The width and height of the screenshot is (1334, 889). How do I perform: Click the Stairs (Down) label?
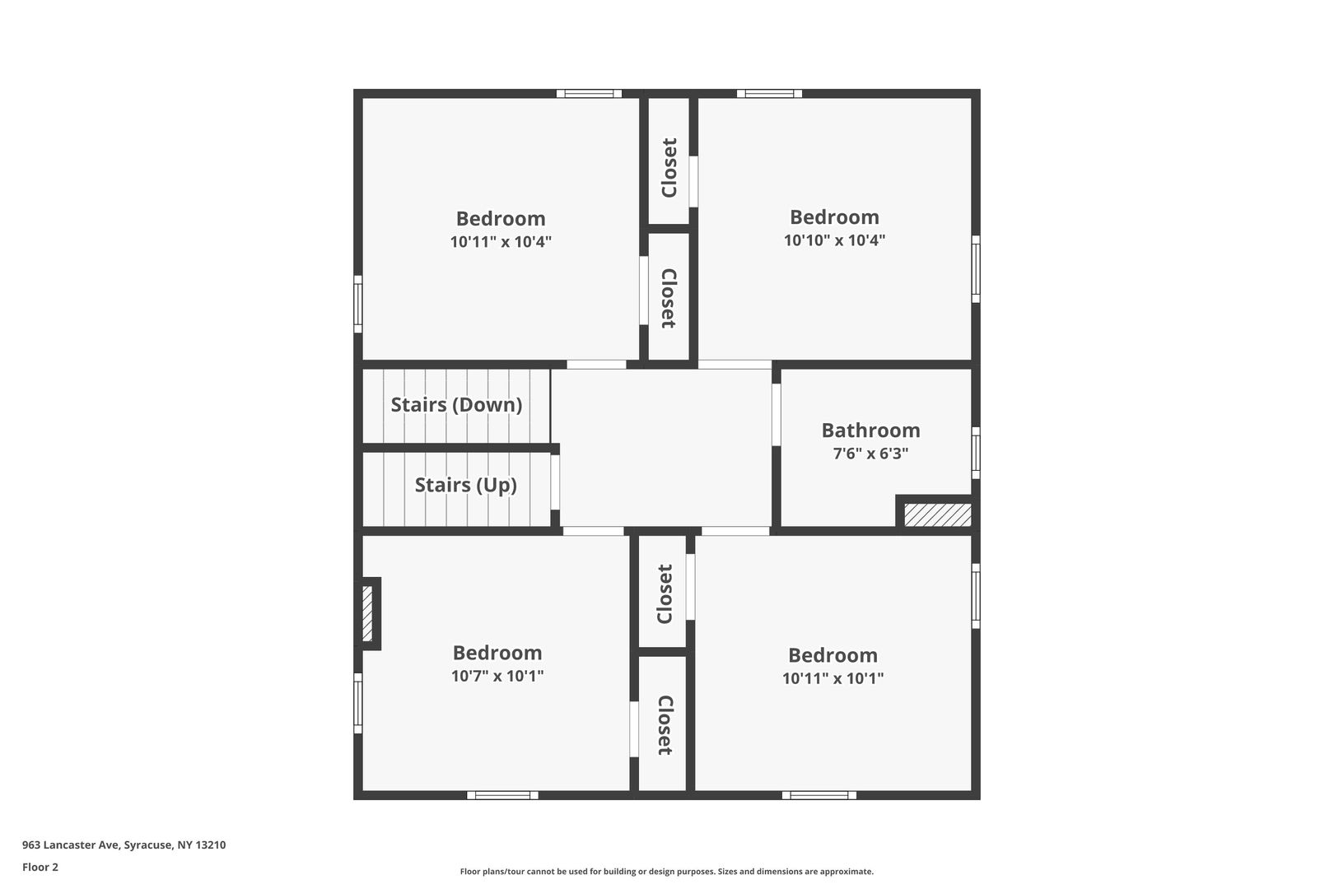[456, 405]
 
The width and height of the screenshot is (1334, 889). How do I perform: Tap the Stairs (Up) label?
[465, 486]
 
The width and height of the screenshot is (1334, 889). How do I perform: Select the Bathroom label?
[870, 430]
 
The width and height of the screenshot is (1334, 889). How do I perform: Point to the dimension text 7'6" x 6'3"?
[870, 454]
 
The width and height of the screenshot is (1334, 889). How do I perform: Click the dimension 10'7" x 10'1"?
[497, 676]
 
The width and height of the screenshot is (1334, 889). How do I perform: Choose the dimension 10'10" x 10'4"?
[834, 240]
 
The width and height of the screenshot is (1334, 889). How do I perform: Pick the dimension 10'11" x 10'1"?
[833, 678]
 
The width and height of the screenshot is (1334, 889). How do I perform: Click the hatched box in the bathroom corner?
[937, 514]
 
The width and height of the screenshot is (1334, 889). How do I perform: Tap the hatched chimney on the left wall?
[367, 613]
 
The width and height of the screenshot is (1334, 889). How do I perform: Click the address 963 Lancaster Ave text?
[72, 845]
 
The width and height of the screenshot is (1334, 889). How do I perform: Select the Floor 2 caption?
[40, 867]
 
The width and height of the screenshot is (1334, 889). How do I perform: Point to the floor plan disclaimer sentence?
[666, 871]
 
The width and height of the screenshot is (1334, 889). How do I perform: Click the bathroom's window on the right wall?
[976, 453]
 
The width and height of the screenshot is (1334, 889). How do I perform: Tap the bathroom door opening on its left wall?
[776, 414]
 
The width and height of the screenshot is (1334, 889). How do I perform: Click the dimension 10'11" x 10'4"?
[501, 242]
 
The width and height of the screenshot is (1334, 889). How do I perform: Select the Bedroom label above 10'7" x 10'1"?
[497, 653]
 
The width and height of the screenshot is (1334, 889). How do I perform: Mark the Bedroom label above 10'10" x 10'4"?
[834, 216]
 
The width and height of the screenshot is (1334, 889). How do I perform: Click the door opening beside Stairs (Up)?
[554, 482]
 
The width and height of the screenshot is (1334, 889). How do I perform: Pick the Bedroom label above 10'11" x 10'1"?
[833, 655]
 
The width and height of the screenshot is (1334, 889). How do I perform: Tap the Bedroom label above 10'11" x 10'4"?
[501, 218]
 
